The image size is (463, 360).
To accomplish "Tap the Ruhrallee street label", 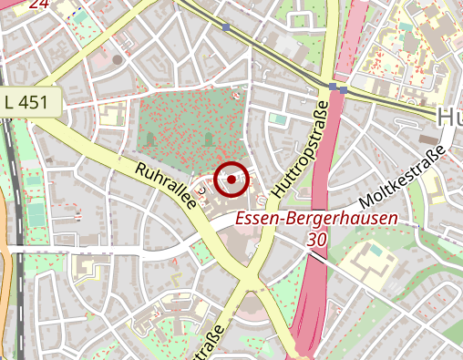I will [x=167, y=187].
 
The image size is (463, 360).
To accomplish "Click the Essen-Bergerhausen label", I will [x=317, y=219].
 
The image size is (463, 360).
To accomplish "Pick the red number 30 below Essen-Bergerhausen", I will [x=316, y=239].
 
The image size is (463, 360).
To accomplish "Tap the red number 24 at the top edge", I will [x=38, y=4].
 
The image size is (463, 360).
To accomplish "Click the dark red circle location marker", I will [x=232, y=180].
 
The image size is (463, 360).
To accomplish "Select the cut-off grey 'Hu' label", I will [x=449, y=117].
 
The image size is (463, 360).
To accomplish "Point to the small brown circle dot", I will [x=118, y=59].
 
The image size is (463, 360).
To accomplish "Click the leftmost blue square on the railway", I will [x=226, y=27].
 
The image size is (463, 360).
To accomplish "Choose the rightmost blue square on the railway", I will [x=344, y=90].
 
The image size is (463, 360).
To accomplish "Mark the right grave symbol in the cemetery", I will [x=210, y=139].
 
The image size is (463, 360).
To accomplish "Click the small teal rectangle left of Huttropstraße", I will [x=277, y=118].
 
